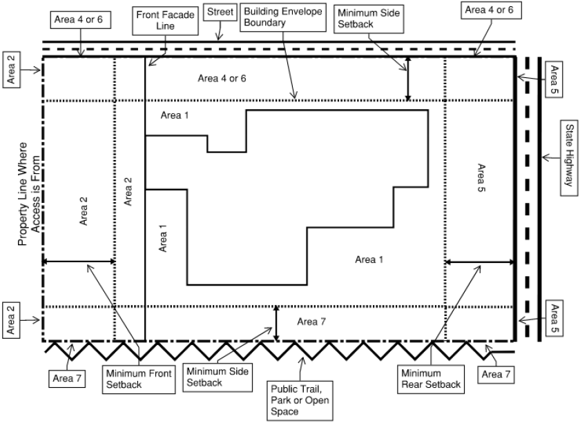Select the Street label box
[x=220, y=12]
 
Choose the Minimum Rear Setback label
[x=431, y=378]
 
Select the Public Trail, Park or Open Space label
[x=299, y=398]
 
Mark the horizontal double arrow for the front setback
[x=79, y=262]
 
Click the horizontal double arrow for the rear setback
[x=479, y=262]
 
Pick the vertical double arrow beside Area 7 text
[x=276, y=323]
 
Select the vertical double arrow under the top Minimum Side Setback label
[x=408, y=79]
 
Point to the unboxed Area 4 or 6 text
[x=222, y=78]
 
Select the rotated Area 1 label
[x=164, y=238]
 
